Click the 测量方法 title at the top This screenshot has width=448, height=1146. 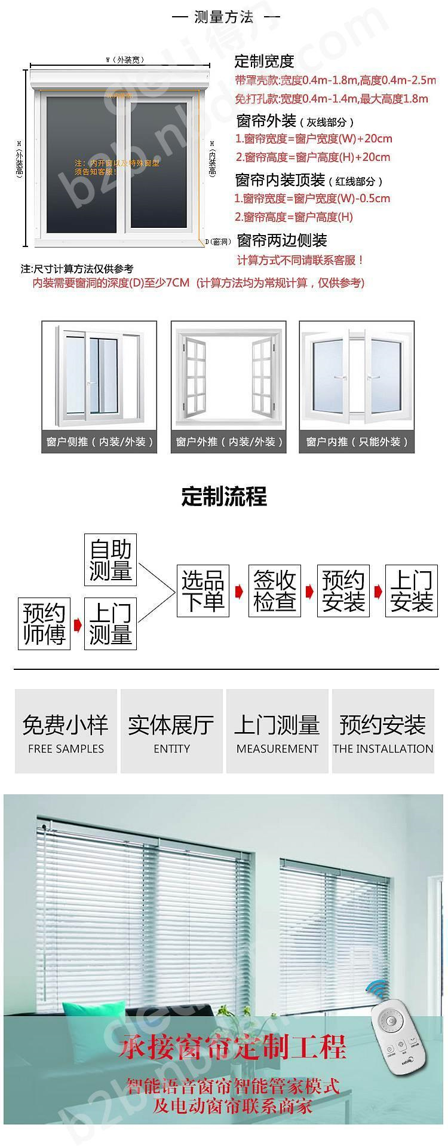[224, 17]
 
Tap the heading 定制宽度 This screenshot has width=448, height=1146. [264, 61]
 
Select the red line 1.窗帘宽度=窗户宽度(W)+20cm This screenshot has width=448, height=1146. [314, 139]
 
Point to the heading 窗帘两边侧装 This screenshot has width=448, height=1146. [282, 240]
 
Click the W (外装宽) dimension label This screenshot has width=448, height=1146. [125, 60]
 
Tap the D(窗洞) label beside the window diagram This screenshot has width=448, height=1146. [217, 242]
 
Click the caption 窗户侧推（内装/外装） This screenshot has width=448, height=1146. [99, 442]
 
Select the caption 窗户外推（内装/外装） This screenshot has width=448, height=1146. [229, 442]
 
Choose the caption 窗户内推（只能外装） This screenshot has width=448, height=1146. [357, 442]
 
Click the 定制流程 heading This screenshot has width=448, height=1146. [224, 496]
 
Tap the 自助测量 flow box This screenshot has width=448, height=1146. [111, 560]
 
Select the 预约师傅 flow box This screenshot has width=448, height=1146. [44, 624]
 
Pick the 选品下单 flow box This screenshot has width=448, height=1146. [203, 591]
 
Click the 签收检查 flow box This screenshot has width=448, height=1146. [275, 591]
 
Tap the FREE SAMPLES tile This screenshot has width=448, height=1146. [66, 731]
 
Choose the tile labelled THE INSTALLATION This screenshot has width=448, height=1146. [383, 731]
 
